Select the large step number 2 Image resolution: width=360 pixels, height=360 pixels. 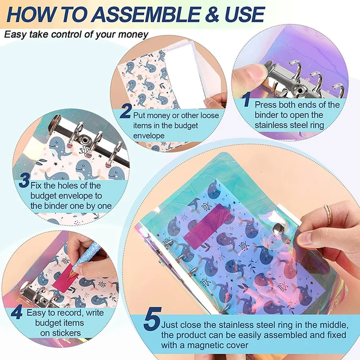click(x=126, y=111)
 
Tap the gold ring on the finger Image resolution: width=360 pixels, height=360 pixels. click(x=328, y=215)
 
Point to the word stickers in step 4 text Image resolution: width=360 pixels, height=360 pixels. click(x=60, y=333)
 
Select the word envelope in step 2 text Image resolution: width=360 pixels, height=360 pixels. click(x=149, y=136)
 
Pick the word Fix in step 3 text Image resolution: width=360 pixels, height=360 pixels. click(x=36, y=185)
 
